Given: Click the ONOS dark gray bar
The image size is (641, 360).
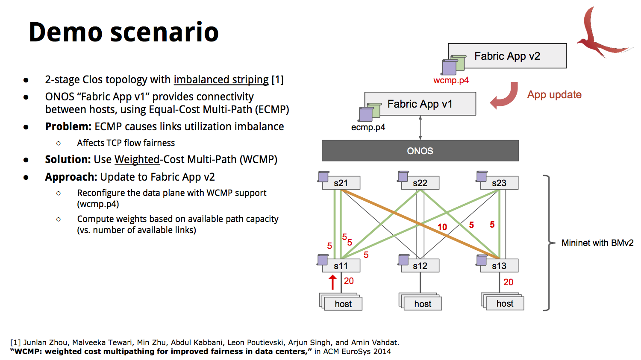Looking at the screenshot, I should (x=420, y=151).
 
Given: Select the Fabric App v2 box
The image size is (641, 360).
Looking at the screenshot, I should (x=507, y=56).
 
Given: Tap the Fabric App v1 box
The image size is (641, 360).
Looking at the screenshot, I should (x=420, y=104).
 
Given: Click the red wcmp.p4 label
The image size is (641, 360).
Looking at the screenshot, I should (x=451, y=80).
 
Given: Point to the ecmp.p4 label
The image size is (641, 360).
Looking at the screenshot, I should (x=368, y=127).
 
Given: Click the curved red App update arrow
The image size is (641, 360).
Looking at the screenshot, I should (x=505, y=96).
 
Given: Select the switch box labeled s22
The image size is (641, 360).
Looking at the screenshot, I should (x=420, y=183).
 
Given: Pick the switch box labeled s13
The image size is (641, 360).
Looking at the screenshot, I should (x=499, y=266).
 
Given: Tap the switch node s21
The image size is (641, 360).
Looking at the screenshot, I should (x=341, y=183).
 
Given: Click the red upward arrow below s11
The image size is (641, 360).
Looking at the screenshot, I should (x=332, y=282).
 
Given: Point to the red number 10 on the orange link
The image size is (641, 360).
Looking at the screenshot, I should (x=442, y=227).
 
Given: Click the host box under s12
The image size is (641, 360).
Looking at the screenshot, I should (x=423, y=304).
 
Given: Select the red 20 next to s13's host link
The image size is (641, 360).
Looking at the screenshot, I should (x=508, y=282).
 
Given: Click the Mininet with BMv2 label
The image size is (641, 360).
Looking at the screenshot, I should (x=597, y=243).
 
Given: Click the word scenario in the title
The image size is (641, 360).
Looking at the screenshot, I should (x=165, y=32).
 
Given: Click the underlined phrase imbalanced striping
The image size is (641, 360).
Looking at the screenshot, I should (x=221, y=80).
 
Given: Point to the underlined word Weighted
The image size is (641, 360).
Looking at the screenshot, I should (x=137, y=160).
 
